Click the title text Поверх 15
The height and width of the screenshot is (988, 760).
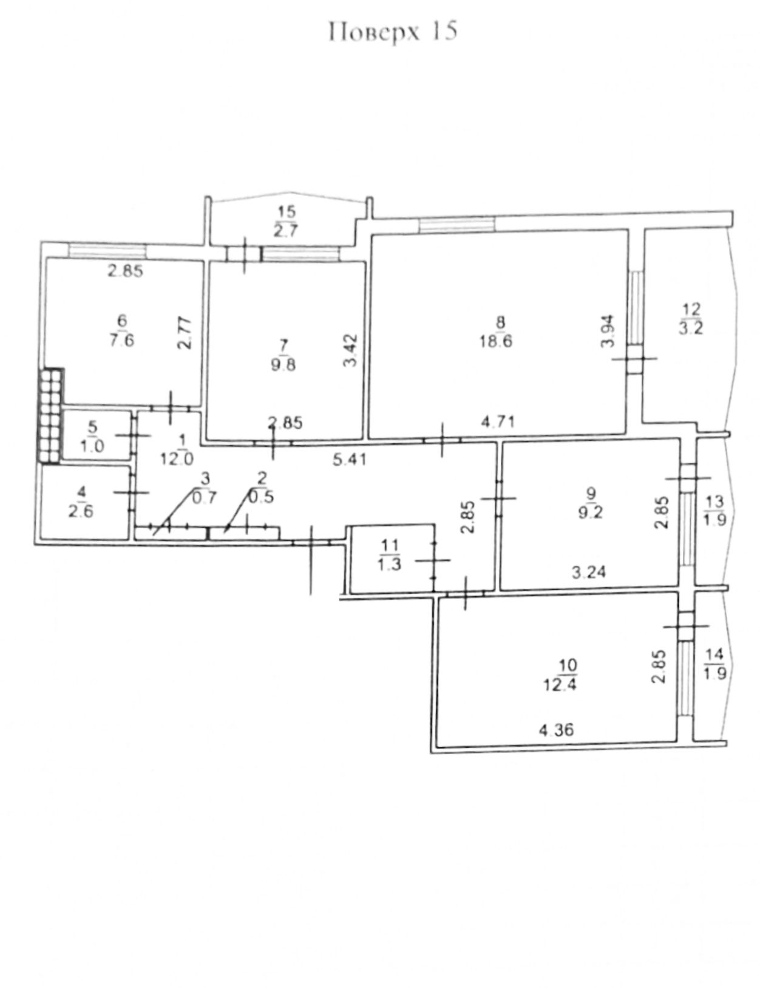pos(393,32)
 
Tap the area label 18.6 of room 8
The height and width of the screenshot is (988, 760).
pos(496,341)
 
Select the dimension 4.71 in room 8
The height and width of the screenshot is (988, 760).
pos(498,422)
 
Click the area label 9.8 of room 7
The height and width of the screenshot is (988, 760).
pos(283,364)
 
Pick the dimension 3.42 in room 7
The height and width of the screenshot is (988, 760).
pos(351,350)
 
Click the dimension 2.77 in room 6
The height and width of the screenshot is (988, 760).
pos(185,333)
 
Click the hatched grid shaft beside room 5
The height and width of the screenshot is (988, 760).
pos(51,415)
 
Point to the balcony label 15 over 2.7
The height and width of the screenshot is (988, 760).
pos(286,222)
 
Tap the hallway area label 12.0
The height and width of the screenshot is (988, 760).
pos(177,458)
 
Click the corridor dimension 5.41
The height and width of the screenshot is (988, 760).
pos(349,460)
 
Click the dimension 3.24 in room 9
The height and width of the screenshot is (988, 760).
pos(589,571)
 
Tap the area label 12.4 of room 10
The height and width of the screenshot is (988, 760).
pos(560,684)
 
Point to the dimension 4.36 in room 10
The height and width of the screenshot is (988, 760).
pos(557,730)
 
